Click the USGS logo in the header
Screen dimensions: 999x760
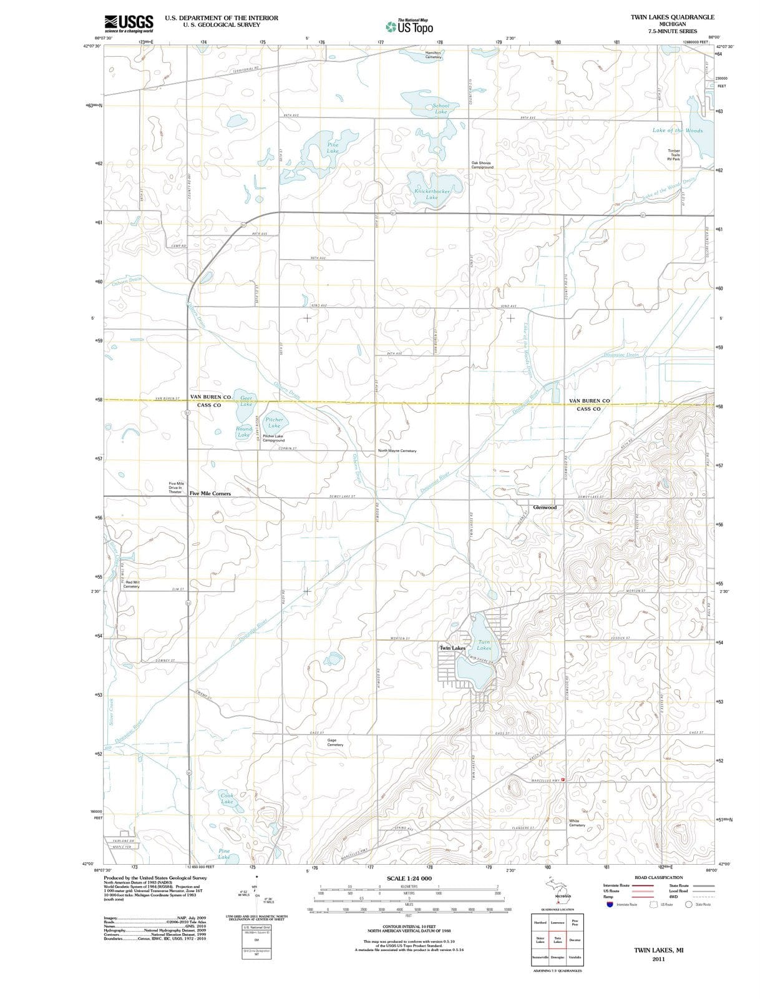pos(129,23)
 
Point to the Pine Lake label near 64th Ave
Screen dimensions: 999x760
pos(333,147)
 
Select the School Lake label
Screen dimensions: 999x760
pos(441,109)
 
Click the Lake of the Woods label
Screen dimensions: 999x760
pos(677,130)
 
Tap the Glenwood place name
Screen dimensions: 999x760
pos(545,507)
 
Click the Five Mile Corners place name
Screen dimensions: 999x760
pos(210,493)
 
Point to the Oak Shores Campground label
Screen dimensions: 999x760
pos(482,165)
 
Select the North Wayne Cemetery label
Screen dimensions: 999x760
pos(397,451)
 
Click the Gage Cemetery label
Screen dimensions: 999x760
pos(335,742)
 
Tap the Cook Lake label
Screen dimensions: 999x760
pos(227,798)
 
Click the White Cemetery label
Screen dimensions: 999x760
pos(577,823)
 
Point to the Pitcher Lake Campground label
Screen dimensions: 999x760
pos(273,438)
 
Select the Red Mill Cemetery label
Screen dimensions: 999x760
pos(132,584)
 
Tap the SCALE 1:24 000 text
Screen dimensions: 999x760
pos(409,878)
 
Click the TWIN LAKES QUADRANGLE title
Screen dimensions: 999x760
pos(672,17)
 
